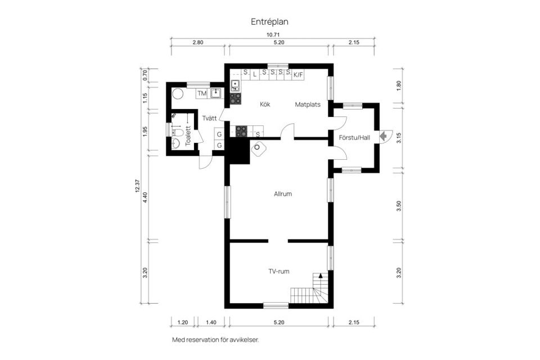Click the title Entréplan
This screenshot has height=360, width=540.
pos(269,21)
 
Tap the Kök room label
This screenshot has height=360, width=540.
pos(265,104)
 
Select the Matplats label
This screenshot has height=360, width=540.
pos(308,104)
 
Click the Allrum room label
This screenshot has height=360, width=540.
pos(282,194)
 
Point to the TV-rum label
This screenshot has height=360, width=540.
pos(278,272)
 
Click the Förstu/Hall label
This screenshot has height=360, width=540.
pos(354,137)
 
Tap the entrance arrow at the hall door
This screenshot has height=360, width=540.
pos(384,136)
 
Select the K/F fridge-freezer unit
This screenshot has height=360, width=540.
pos(298,74)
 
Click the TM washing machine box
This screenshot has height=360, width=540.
pos(201,93)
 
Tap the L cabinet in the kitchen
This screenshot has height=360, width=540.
pos(254,73)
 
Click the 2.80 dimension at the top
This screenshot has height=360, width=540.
pos(197,43)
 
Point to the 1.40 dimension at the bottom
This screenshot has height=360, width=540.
pos(211,323)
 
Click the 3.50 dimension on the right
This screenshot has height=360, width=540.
pos(399,205)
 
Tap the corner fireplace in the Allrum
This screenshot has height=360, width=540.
pos(259,148)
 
